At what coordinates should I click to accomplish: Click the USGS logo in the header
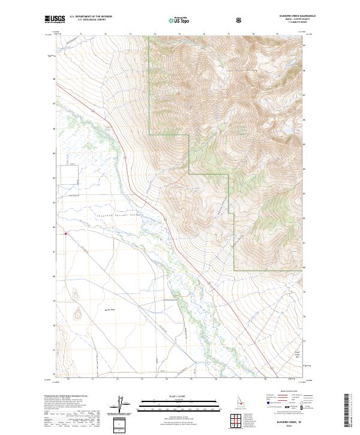click(55, 20)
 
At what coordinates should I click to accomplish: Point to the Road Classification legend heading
click(286, 394)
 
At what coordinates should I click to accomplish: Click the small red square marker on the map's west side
click(65, 235)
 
